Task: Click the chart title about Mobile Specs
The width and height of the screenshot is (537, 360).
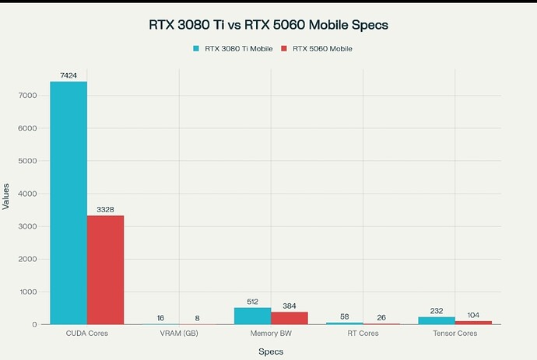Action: point(268,25)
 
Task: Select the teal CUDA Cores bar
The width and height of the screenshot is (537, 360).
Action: point(68,202)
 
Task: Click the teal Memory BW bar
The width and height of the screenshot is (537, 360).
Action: point(252,316)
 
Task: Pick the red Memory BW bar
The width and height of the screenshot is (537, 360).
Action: point(290,318)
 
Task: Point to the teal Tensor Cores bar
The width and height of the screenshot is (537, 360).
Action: point(437,320)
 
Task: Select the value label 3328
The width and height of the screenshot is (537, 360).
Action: point(105,209)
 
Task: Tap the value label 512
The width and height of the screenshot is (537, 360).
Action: point(252,302)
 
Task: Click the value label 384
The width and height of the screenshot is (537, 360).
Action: point(290,306)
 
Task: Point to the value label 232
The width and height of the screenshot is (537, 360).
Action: point(437,311)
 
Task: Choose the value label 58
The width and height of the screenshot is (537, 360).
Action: point(344,316)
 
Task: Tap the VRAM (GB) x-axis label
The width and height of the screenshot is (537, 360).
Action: point(179,334)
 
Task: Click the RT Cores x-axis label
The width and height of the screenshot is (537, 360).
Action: point(363,334)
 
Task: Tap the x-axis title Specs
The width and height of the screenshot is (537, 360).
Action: point(271,351)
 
